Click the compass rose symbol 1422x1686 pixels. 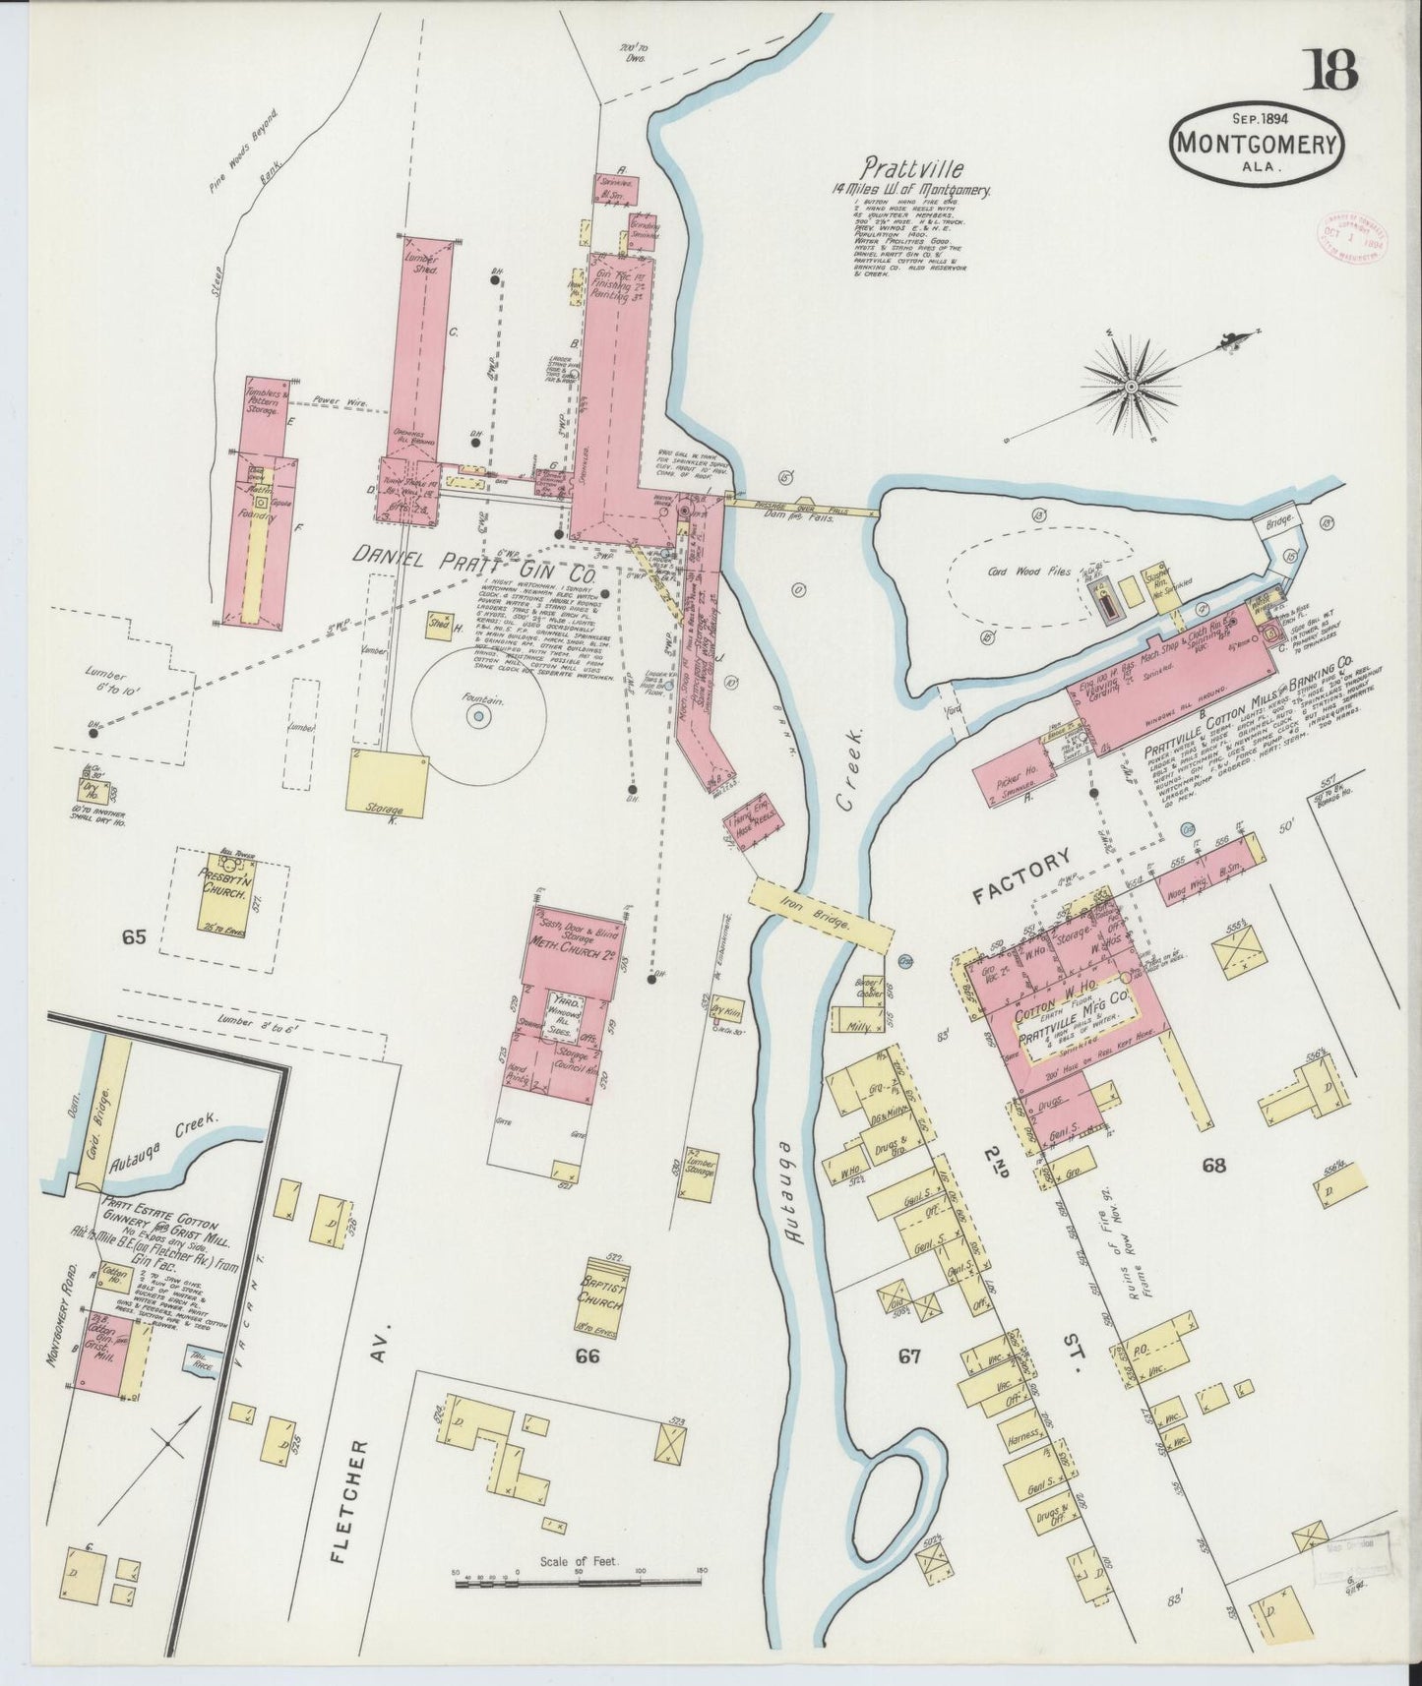[x=1132, y=386]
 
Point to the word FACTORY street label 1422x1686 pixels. [x=1021, y=878]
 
